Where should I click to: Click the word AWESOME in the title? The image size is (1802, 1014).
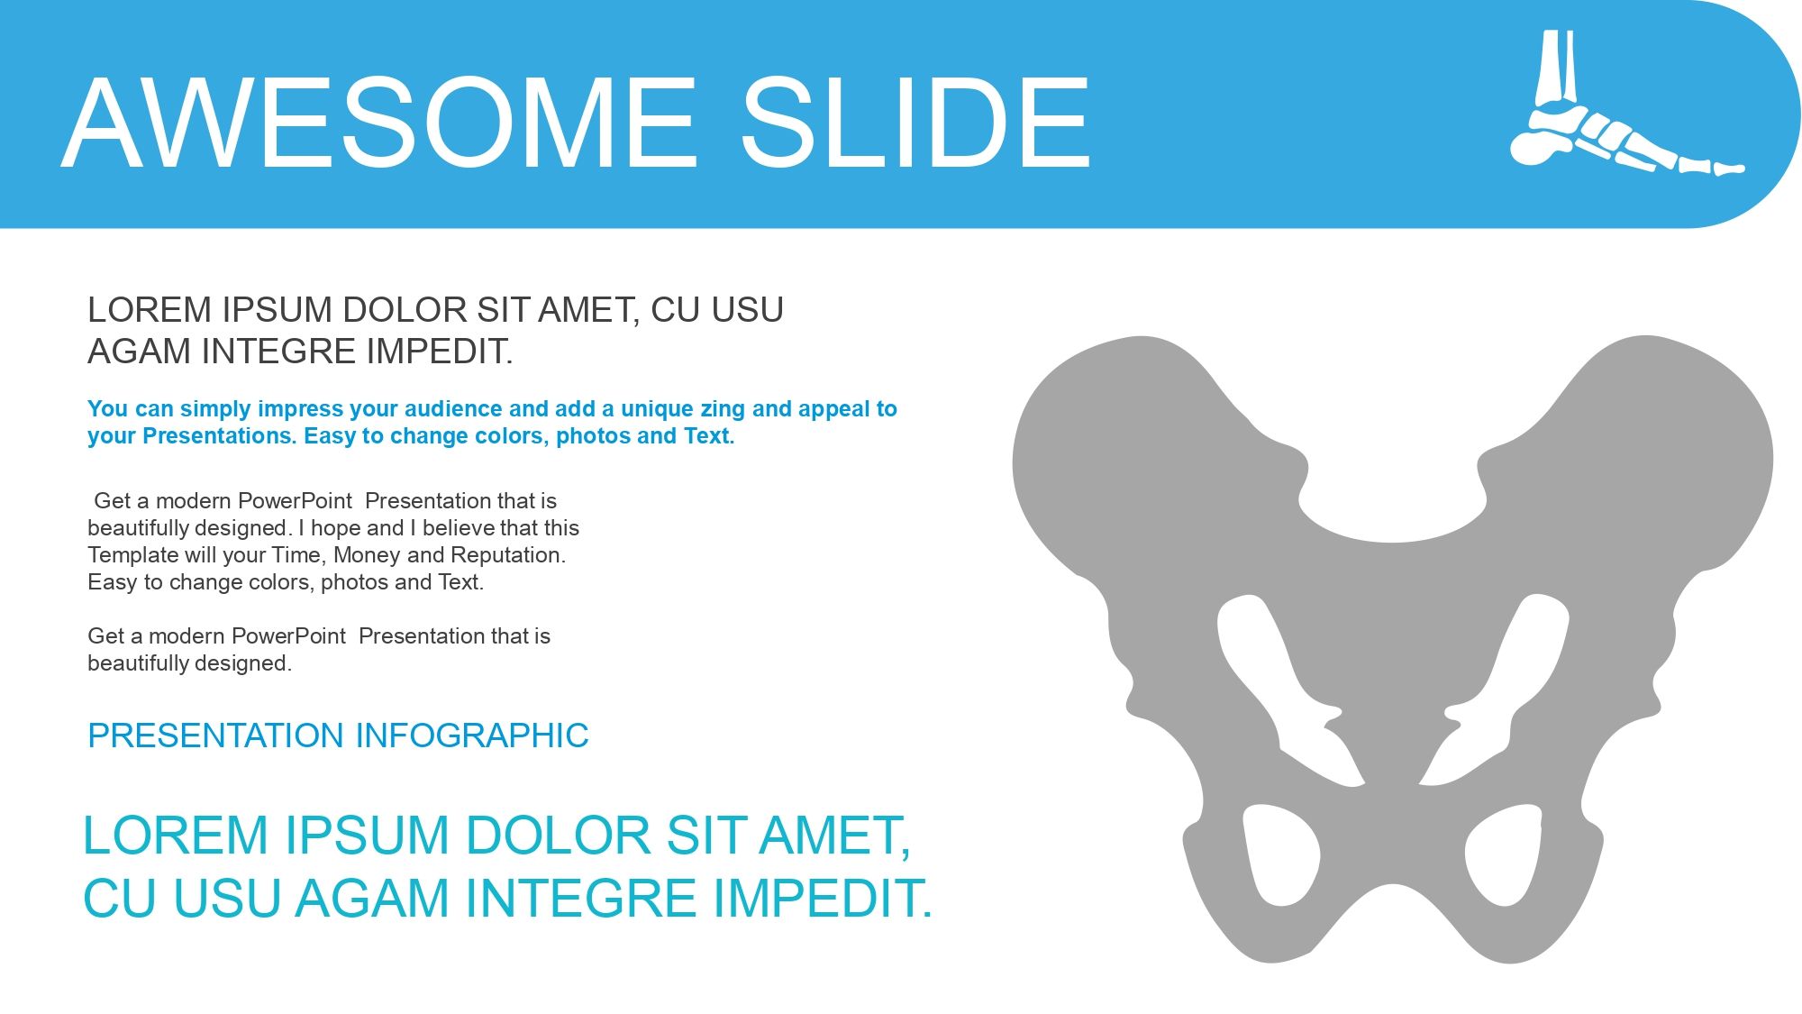click(379, 123)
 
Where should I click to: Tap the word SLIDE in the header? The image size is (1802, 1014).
click(915, 123)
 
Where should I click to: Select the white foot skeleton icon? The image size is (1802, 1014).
click(1627, 103)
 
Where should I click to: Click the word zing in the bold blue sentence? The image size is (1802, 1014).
click(723, 409)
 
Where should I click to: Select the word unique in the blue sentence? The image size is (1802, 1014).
click(657, 410)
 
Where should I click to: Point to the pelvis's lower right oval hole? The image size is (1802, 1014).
click(1504, 855)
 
